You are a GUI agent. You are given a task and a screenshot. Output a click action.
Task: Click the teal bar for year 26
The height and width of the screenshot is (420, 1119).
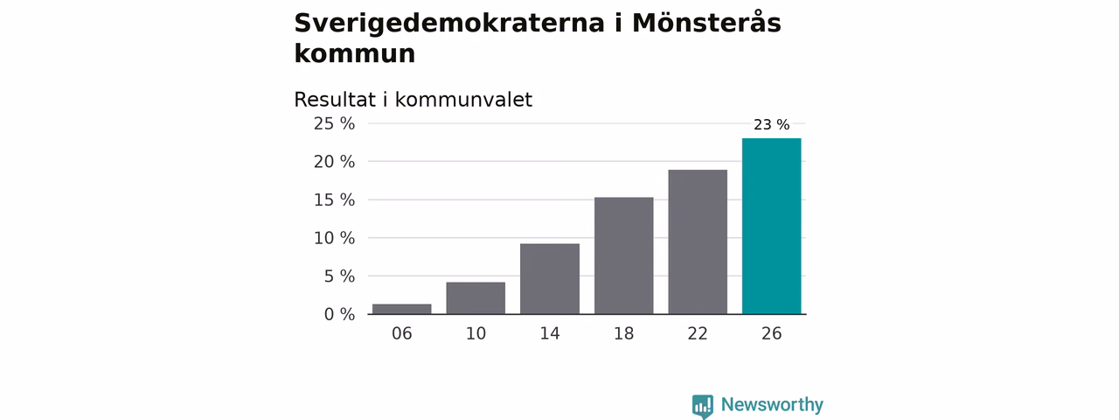tap(771, 226)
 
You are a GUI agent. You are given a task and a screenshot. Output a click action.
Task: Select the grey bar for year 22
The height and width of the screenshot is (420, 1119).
tap(698, 242)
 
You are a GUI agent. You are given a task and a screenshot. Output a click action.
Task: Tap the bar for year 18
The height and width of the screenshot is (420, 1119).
tap(623, 255)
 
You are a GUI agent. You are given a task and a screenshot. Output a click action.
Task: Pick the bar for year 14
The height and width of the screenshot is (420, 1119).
tap(550, 279)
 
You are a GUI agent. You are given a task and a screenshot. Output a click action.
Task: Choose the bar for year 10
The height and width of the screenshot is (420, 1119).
tap(476, 298)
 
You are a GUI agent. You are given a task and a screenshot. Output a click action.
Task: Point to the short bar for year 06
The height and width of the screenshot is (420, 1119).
tap(401, 309)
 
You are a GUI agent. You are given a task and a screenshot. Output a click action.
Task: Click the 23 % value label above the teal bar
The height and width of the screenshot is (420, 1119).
tap(771, 124)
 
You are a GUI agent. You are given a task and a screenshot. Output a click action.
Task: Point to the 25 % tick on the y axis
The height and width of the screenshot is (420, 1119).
tap(334, 123)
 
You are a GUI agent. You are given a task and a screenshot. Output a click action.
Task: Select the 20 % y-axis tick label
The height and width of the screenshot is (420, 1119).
tap(334, 162)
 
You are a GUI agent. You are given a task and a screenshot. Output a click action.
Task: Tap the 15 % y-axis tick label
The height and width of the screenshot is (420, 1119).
tap(334, 200)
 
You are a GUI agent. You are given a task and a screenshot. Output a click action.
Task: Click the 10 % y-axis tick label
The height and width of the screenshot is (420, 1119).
tap(334, 238)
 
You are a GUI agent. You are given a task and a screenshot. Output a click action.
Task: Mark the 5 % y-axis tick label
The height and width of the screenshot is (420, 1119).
tap(339, 276)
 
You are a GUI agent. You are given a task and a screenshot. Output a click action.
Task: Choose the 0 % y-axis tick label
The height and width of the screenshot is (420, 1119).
tap(339, 314)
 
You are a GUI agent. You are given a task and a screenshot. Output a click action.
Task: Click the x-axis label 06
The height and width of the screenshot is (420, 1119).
tap(401, 333)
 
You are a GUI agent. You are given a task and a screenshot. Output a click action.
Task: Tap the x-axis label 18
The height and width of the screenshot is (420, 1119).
tap(623, 333)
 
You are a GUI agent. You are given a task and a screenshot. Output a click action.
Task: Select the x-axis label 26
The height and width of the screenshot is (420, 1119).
tap(771, 333)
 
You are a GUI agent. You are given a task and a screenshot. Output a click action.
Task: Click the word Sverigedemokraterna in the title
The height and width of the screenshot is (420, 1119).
tap(449, 24)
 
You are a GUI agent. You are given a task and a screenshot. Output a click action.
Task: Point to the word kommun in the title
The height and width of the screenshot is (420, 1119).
tap(355, 53)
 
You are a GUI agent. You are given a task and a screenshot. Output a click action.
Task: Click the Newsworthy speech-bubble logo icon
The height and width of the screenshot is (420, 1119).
tap(702, 406)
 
